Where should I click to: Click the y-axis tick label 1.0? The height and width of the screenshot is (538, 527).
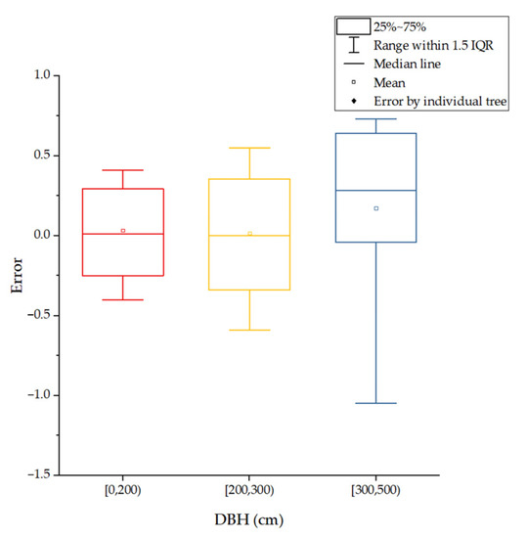pos(38,75)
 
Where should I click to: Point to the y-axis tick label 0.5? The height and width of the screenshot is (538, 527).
pos(38,156)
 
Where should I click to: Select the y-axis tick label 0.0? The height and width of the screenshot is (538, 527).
pos(38,236)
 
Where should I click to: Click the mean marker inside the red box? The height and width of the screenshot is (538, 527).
pos(123,231)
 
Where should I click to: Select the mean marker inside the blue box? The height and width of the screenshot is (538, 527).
pos(376,208)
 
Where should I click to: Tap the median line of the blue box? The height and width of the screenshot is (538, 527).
pos(376,191)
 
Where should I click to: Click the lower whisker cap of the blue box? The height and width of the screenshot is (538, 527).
pos(376,403)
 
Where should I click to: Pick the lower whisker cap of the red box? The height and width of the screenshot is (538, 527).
pos(123,299)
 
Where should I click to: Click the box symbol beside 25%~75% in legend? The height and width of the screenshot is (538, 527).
pos(352,26)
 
